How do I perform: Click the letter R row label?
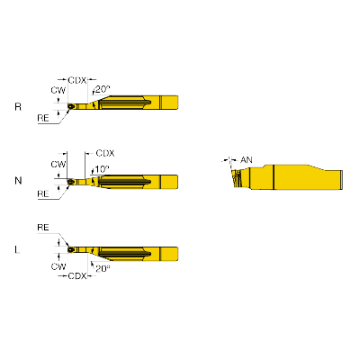tap(18, 107)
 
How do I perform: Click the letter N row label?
tap(18, 181)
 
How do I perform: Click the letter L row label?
tap(17, 249)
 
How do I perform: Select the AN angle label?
tap(247, 160)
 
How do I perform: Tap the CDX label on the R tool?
tap(77, 80)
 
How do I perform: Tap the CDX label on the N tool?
tap(105, 153)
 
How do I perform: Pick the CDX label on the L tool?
tap(77, 275)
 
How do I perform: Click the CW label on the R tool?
tap(58, 90)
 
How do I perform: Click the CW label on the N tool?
tap(58, 164)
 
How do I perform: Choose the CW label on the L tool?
tap(58, 266)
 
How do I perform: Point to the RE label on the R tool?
tap(43, 118)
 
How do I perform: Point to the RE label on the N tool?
tap(43, 193)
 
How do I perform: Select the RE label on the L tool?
tap(43, 228)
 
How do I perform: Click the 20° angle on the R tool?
tap(103, 89)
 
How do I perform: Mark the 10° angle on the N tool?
tap(103, 169)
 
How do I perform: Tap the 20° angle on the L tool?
tap(103, 268)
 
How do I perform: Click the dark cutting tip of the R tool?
tap(71, 106)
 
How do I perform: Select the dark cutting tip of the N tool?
tap(71, 182)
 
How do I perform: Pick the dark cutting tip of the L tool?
tap(71, 249)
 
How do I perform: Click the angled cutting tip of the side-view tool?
tap(237, 178)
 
